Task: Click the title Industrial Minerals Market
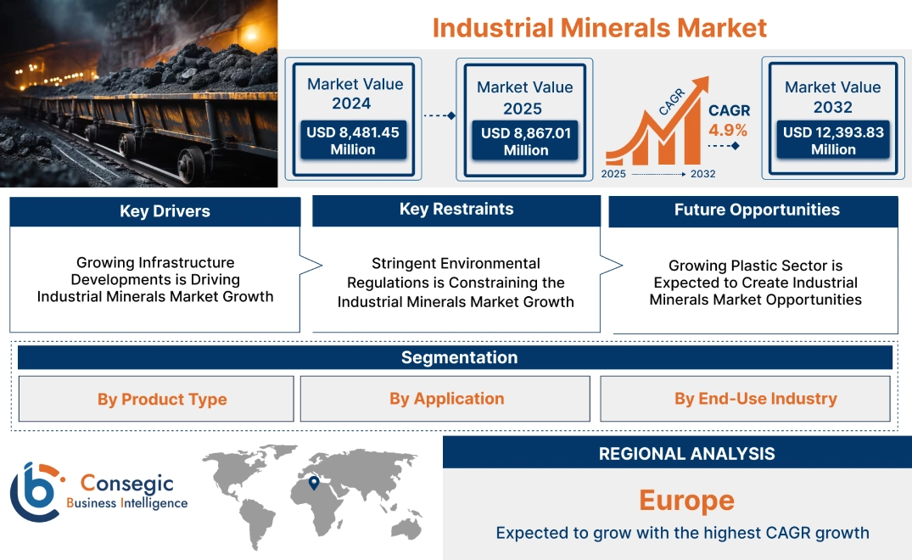(599, 27)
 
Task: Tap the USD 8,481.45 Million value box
(353, 141)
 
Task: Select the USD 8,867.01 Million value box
(526, 142)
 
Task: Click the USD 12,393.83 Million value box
(833, 141)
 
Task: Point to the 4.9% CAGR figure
(728, 130)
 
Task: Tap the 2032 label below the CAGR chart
(702, 174)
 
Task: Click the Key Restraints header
(456, 210)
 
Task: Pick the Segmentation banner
(459, 357)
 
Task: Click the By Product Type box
(162, 399)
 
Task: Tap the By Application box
(446, 399)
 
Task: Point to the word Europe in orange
(686, 500)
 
